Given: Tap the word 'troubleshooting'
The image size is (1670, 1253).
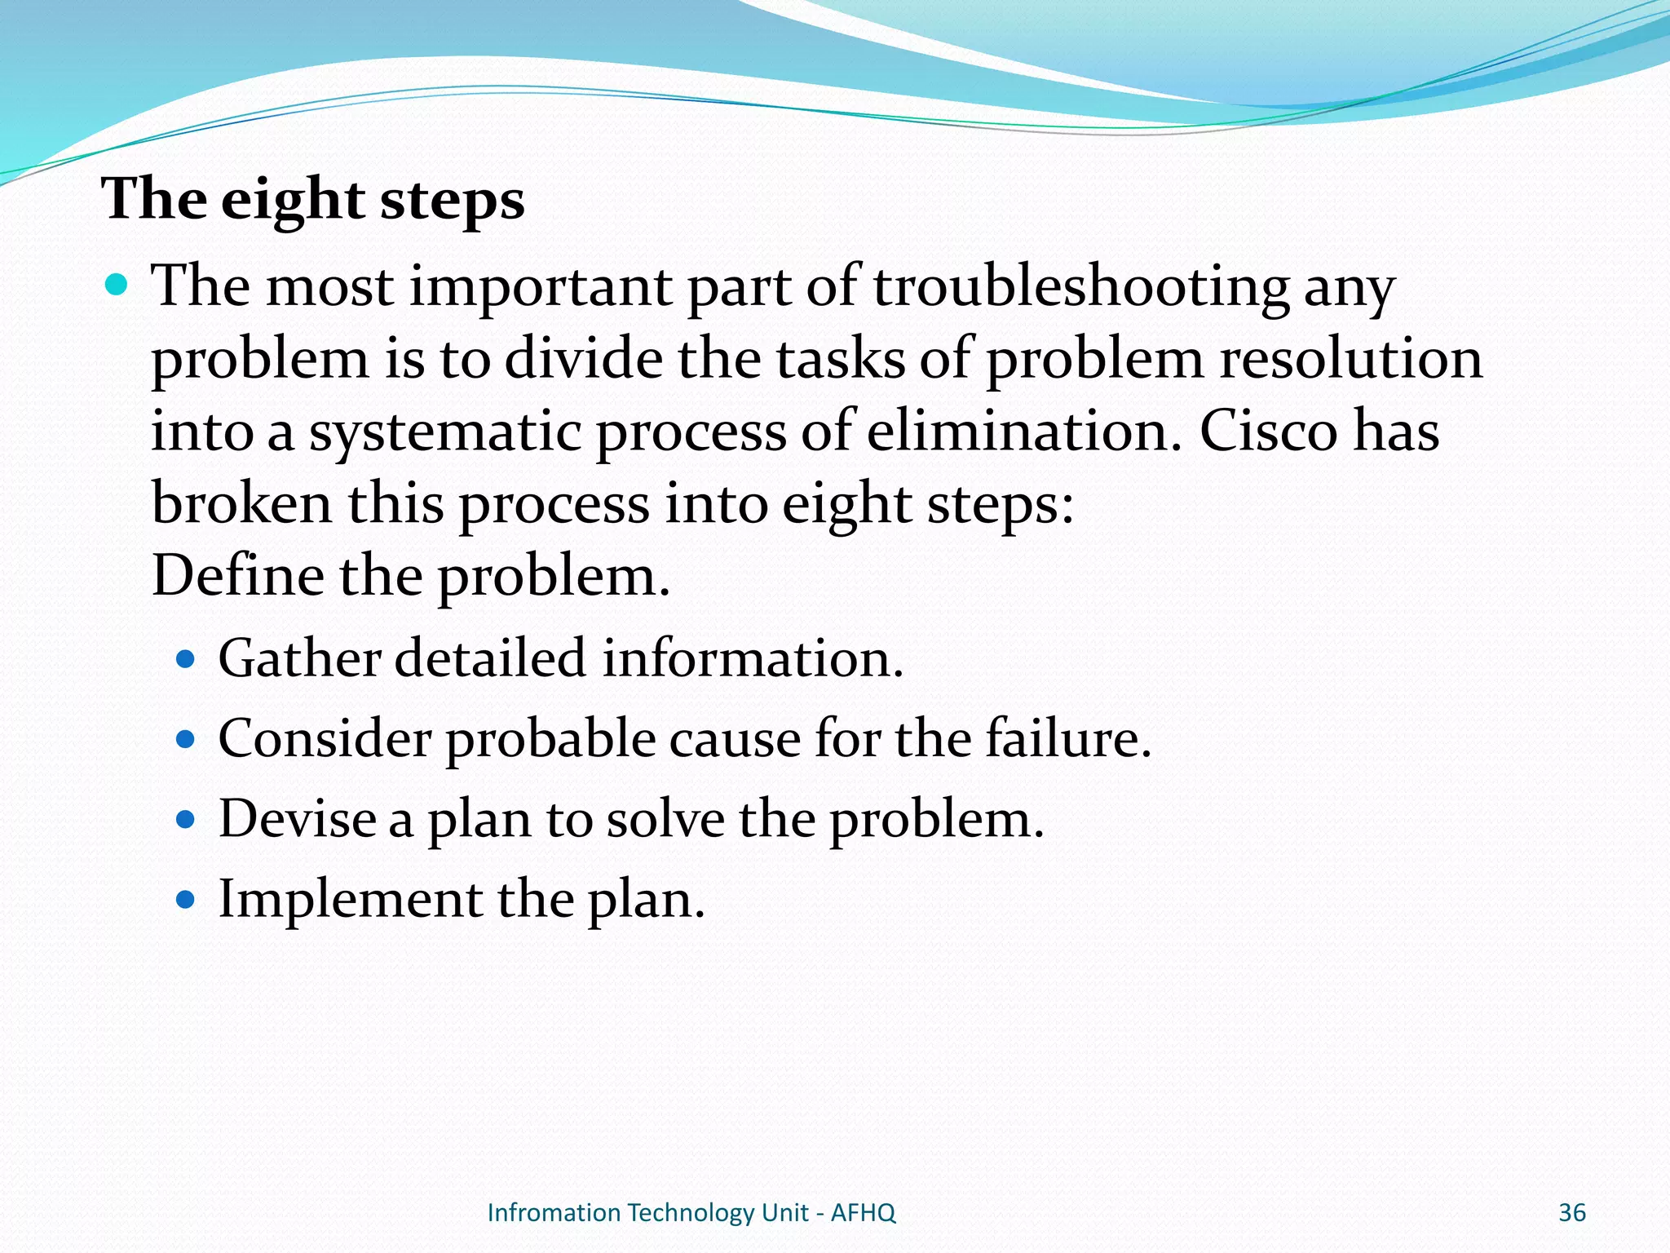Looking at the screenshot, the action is (1081, 287).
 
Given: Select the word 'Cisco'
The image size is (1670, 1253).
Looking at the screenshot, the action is (1268, 431).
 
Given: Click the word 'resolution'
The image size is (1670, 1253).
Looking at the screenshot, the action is (1351, 359).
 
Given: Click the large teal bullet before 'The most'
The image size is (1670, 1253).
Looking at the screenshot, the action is (117, 285).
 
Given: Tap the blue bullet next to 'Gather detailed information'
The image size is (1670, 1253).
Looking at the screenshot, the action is (186, 658).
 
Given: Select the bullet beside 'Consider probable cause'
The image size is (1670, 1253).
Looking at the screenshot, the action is (186, 739).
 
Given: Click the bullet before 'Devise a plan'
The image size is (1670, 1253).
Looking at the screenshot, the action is (186, 819).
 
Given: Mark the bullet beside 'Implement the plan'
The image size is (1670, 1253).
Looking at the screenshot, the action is (186, 900).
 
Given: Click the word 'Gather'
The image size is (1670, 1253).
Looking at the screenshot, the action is (299, 658).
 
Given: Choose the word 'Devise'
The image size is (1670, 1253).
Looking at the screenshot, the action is (297, 818).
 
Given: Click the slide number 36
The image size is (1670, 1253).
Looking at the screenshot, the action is (1571, 1213).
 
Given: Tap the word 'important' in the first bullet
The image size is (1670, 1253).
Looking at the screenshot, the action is (540, 287).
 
